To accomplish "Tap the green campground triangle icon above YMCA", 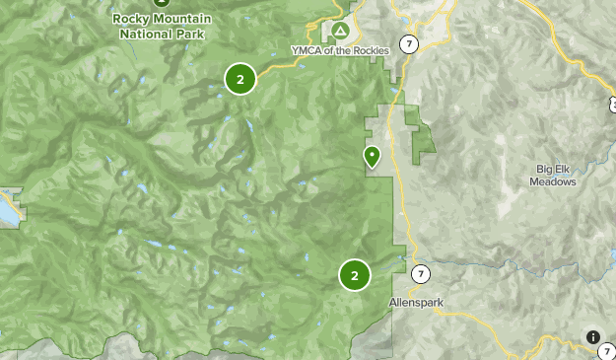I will [x=341, y=32].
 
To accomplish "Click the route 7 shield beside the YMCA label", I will [x=409, y=45].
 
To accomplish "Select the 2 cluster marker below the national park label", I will [x=240, y=79].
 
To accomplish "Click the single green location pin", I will [x=372, y=156].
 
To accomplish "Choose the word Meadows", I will [x=552, y=181].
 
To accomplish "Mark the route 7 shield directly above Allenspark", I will [x=420, y=273].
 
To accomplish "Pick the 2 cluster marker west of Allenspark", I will [x=354, y=275].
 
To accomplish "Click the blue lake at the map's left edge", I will [x=12, y=209].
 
